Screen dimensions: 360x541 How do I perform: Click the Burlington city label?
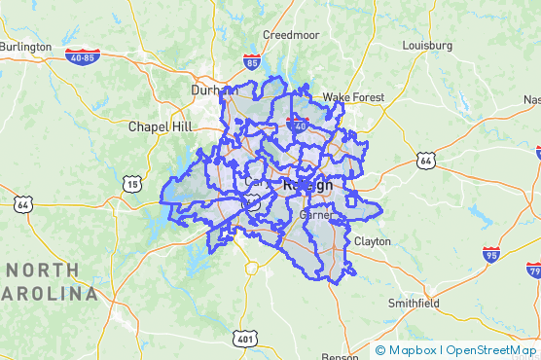point(25,46)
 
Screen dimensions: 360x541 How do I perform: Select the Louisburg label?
point(427,46)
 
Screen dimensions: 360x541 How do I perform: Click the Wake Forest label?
point(353,97)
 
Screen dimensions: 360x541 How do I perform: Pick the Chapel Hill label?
point(161,126)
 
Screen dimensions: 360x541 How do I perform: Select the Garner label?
point(317,215)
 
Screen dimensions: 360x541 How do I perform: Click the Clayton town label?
point(372,240)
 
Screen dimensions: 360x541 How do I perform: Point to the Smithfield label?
point(414,303)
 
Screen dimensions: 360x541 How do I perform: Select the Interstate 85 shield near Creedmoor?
point(253,64)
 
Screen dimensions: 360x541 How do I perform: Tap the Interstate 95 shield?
point(492,255)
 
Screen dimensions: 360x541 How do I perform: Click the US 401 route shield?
point(244,339)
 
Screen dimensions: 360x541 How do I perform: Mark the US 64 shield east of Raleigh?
point(425,160)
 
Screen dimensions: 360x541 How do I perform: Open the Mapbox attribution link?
point(407,350)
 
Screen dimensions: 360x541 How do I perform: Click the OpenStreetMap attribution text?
point(491,350)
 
